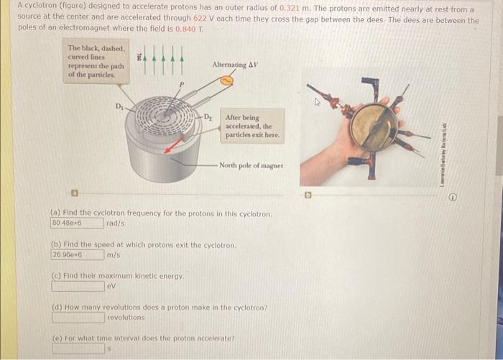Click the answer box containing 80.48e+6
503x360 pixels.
[x=76, y=223]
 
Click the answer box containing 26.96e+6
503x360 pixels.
[x=76, y=255]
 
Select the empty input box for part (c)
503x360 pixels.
[x=76, y=286]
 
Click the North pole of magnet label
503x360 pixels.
[x=251, y=165]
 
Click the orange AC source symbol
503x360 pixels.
[x=226, y=80]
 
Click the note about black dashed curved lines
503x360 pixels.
[x=95, y=62]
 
